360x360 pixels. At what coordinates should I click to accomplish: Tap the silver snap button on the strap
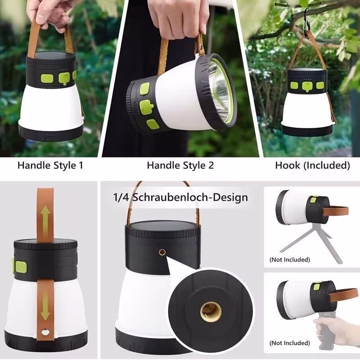(x=45, y=332)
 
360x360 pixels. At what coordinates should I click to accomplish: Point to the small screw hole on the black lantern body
(x=162, y=252)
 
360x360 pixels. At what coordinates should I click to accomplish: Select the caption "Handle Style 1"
(x=50, y=165)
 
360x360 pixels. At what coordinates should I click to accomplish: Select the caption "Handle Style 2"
(x=180, y=165)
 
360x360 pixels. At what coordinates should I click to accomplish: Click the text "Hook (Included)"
(x=312, y=165)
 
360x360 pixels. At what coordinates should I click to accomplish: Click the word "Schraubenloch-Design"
(x=190, y=198)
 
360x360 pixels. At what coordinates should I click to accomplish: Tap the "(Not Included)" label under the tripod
(x=290, y=260)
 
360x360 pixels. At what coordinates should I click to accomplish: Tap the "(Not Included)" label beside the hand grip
(x=290, y=343)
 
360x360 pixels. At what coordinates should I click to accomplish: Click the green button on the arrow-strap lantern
(x=21, y=267)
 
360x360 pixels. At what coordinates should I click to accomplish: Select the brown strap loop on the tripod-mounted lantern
(x=335, y=211)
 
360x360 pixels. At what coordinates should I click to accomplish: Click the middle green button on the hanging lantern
(x=307, y=86)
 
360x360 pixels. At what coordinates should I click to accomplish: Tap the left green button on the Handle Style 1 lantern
(x=47, y=78)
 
